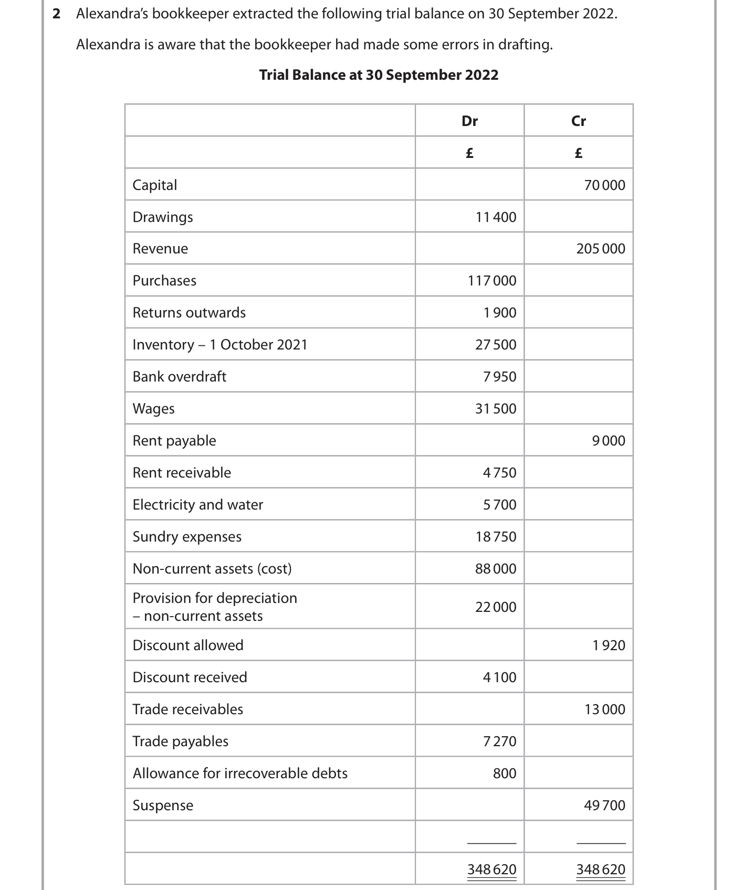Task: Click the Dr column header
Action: coord(469,121)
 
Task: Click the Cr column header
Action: coord(578,121)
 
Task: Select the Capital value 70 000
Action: coord(604,185)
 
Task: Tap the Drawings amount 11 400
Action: coord(496,217)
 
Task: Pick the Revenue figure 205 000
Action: coord(601,249)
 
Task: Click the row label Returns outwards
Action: coord(189,313)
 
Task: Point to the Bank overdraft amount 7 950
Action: coord(499,377)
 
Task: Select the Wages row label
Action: coord(153,409)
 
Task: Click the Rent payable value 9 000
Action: coord(609,441)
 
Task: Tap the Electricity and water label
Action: coord(197,505)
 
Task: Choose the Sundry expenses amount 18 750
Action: coord(496,537)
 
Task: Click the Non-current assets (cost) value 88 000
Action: coord(496,569)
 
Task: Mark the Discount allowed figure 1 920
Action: coord(609,645)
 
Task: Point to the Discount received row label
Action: coord(190,677)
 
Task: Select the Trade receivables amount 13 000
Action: coord(605,709)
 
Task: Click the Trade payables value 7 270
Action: coord(499,741)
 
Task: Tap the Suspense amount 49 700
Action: coord(604,806)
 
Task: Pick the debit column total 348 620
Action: coord(492,870)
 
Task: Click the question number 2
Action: coord(57,14)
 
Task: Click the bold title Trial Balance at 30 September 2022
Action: coord(379,75)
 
